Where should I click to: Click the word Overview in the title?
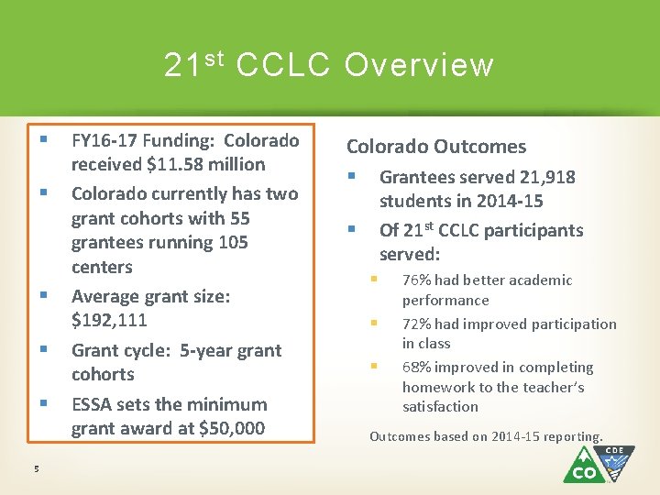point(419,65)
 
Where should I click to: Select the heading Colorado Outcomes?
point(435,147)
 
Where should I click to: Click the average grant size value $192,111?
point(109,321)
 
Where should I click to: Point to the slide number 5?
point(37,469)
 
